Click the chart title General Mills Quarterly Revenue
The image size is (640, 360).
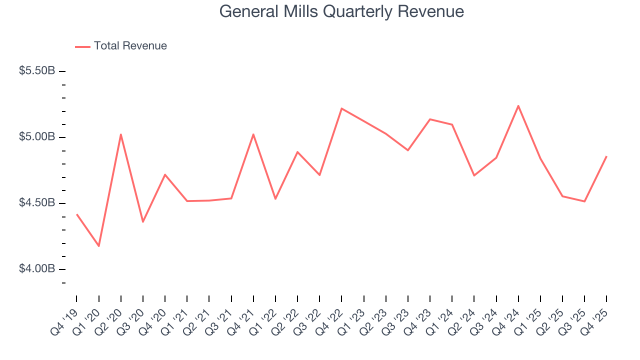341,11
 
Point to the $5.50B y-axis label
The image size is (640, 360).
37,71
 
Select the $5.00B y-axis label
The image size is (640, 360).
37,137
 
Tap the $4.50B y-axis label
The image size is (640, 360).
37,203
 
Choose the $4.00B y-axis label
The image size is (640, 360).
37,269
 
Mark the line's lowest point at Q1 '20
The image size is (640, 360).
98,246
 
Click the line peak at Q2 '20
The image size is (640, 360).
121,134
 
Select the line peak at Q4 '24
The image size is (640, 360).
518,105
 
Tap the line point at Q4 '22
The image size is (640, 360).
341,108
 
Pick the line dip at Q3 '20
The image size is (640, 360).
143,221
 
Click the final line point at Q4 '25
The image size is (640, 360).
606,156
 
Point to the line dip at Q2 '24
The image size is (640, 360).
474,175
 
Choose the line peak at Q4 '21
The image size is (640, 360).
253,134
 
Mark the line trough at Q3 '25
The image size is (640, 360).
584,201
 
